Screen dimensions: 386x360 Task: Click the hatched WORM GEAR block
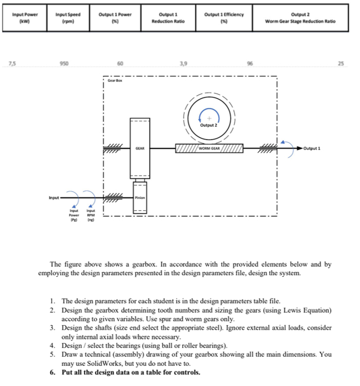point(209,149)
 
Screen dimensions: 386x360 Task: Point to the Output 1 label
point(313,149)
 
